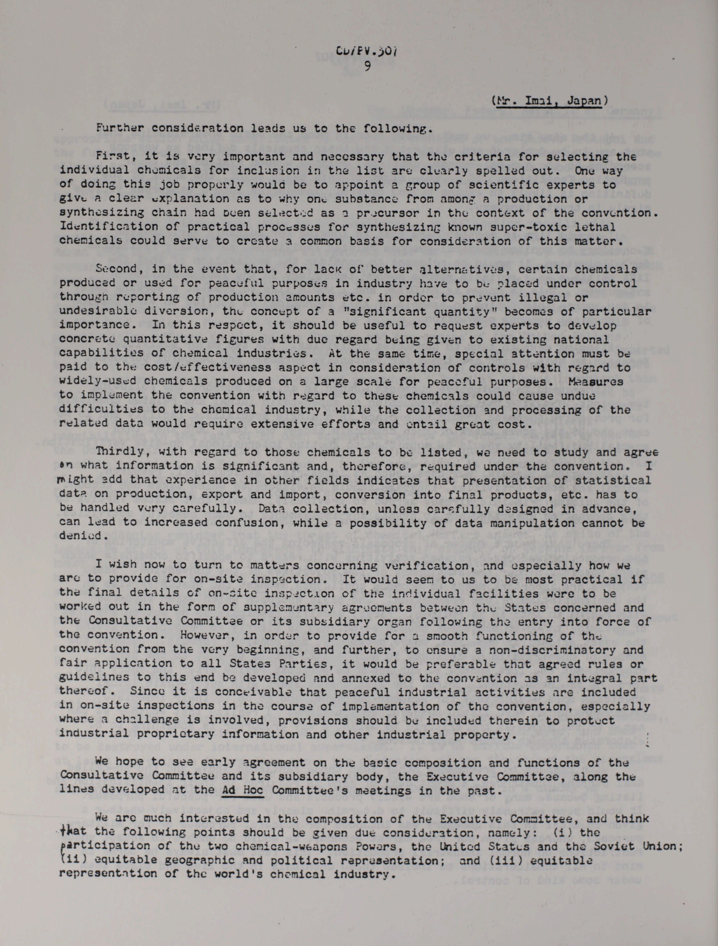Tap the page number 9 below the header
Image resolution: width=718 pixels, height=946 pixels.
367,67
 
